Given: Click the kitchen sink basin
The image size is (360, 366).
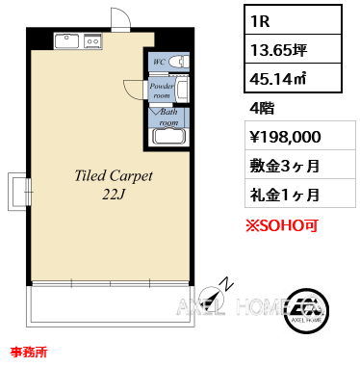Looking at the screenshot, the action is tap(66, 41).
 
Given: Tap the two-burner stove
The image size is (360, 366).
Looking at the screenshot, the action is tap(92, 41).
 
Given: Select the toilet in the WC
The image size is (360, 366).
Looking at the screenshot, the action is tap(179, 61).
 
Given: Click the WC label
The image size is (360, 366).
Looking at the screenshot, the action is tap(159, 62).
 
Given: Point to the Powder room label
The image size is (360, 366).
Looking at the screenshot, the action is tap(162, 91).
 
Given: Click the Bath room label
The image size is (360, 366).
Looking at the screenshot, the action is tap(168, 117).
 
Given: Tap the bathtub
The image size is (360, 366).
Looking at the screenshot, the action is tap(169, 137).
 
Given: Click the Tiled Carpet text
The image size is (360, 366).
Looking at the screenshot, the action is tap(114, 176).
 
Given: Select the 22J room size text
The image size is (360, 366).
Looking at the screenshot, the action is tap(113, 195).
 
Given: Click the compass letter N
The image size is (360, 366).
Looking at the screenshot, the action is tap(227, 283).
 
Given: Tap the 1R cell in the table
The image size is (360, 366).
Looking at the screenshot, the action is tap(293, 20).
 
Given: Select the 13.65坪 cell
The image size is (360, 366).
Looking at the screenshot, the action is tap(293, 49).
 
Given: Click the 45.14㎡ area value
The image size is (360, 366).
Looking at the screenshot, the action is tap(278, 78).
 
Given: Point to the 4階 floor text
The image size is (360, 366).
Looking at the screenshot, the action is tap(262, 108).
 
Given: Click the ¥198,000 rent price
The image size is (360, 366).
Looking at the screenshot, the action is tap(285, 137).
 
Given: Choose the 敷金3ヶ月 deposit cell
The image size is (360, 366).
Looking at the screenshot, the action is tap(300, 165).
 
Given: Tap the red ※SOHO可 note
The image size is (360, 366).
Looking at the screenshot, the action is tap(282, 225).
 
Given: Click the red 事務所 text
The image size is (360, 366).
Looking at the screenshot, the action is tap(29, 352).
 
